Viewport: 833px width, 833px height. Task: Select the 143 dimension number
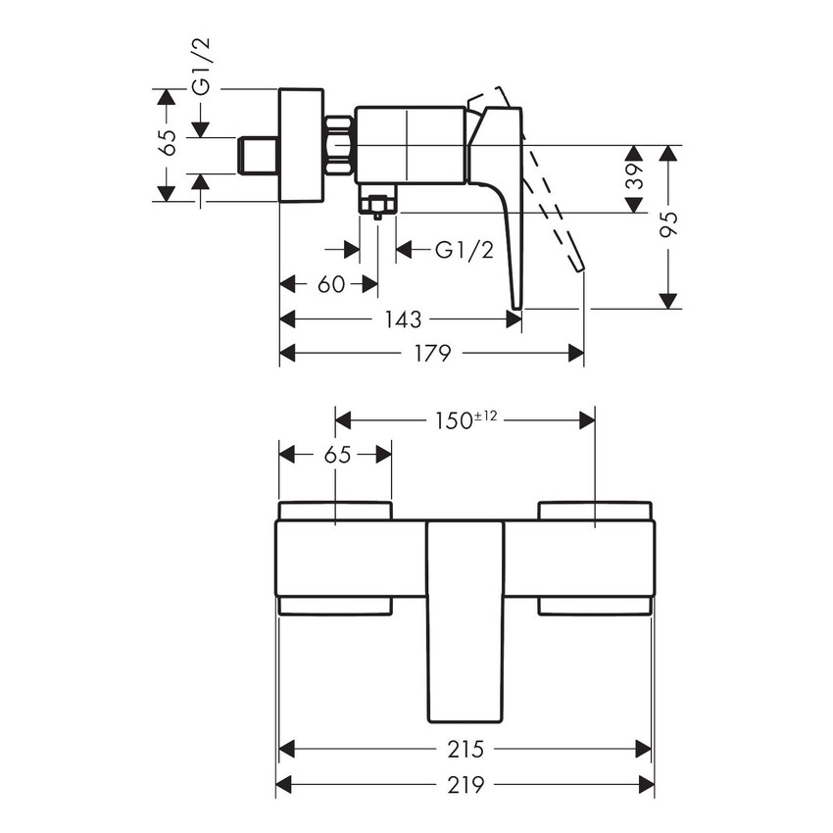(403, 319)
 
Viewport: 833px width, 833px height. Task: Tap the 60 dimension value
(331, 284)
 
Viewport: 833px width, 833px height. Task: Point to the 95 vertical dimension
(668, 226)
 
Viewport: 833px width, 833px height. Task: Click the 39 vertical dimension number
(635, 177)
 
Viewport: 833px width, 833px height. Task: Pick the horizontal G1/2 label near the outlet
(464, 251)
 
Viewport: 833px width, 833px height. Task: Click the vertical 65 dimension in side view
(168, 143)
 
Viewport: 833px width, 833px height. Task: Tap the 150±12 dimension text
(465, 419)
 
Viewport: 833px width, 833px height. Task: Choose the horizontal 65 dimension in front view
(335, 454)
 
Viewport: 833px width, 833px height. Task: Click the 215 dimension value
(465, 750)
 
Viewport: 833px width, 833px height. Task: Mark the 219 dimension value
(465, 784)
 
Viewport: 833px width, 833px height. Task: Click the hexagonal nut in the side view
(338, 147)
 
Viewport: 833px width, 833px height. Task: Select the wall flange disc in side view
(301, 145)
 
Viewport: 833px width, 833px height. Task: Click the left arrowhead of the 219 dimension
(283, 784)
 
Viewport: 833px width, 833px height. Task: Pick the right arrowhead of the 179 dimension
(577, 353)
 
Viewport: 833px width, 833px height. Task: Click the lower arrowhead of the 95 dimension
(668, 301)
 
